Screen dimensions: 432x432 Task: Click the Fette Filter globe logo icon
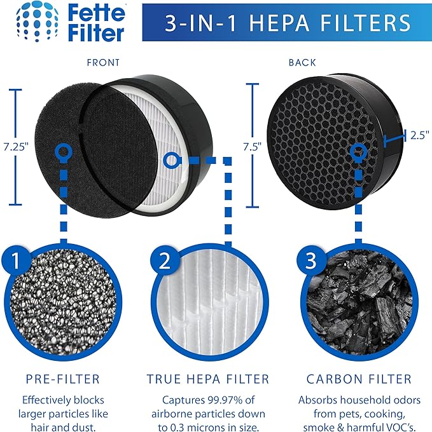pyautogui.click(x=30, y=23)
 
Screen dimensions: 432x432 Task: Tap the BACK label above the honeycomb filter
pyautogui.click(x=302, y=63)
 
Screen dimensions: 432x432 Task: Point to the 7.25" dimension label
pyautogui.click(x=15, y=145)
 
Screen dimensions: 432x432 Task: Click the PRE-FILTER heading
pyautogui.click(x=62, y=379)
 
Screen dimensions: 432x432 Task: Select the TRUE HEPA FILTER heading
pyautogui.click(x=208, y=379)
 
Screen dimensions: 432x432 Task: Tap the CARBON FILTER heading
pyautogui.click(x=359, y=379)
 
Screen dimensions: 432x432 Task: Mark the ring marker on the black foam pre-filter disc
pyautogui.click(x=63, y=151)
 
